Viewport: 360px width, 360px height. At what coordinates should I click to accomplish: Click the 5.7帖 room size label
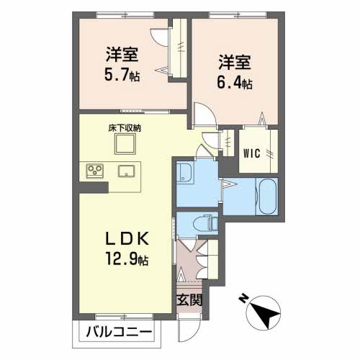pyautogui.click(x=122, y=75)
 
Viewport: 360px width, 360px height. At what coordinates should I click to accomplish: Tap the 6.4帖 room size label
pyautogui.click(x=234, y=82)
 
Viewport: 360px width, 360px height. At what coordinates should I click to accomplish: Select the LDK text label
pyautogui.click(x=127, y=239)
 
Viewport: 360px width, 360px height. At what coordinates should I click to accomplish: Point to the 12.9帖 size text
pyautogui.click(x=127, y=258)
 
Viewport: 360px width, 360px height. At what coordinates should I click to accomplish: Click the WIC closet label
pyautogui.click(x=252, y=153)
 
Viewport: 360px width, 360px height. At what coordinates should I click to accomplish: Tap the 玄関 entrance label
pyautogui.click(x=189, y=300)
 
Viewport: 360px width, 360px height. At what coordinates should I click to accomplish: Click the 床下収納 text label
pyautogui.click(x=125, y=128)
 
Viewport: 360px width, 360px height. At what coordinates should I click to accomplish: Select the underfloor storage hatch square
pyautogui.click(x=125, y=144)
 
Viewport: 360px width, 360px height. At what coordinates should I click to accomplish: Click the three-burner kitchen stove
pyautogui.click(x=95, y=171)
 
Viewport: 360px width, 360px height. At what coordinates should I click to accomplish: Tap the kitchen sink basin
pyautogui.click(x=126, y=171)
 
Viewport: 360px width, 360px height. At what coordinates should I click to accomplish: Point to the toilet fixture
pyautogui.click(x=204, y=224)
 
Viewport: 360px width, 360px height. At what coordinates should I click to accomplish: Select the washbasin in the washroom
pyautogui.click(x=185, y=172)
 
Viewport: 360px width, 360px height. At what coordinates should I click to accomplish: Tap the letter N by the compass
pyautogui.click(x=243, y=299)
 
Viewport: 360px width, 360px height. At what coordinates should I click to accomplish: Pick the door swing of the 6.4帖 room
pyautogui.click(x=205, y=114)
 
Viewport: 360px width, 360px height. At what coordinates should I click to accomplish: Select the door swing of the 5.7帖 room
pyautogui.click(x=161, y=37)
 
